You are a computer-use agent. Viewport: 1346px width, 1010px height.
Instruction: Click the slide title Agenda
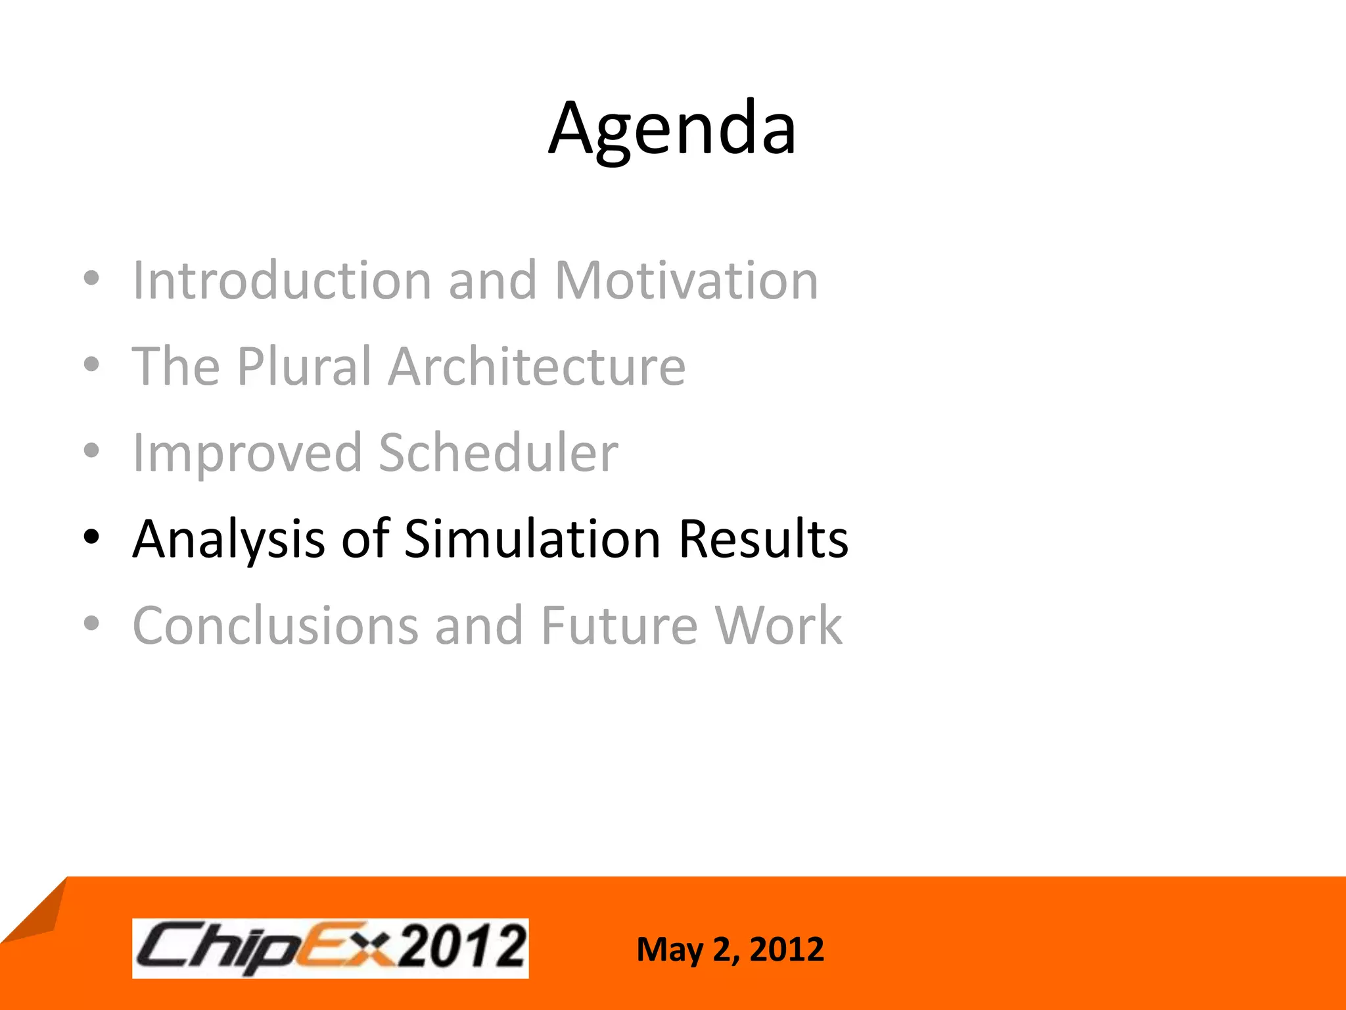672,129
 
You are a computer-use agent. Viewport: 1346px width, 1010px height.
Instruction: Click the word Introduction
281,281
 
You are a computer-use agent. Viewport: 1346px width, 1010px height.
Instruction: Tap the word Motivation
686,281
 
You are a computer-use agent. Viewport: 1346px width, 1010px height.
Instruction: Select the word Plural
304,367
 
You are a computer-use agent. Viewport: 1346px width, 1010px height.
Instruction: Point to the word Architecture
536,367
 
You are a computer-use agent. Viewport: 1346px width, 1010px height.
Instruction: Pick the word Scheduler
498,454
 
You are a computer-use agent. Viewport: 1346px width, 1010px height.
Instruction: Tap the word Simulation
532,540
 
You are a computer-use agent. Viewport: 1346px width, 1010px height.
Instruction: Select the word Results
763,540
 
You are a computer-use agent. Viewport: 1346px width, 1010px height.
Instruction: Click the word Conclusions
275,626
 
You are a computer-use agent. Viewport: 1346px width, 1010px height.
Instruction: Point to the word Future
619,626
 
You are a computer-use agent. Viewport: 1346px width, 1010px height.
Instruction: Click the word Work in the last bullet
778,626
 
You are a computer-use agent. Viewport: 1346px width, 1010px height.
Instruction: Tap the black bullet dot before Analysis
91,538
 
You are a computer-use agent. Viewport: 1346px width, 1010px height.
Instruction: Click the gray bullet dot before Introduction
91,279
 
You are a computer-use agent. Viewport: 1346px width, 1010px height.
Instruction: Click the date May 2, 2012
730,950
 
